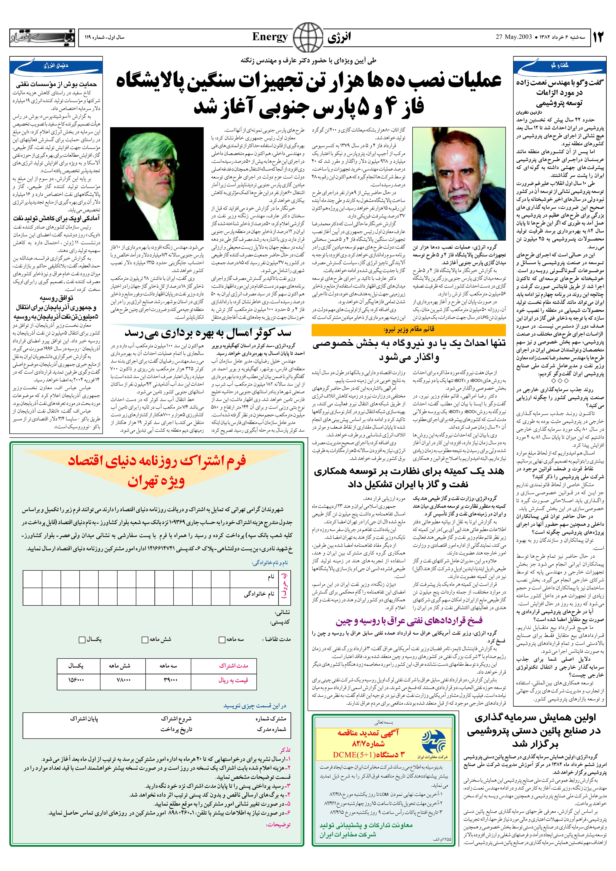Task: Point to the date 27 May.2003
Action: coord(513,37)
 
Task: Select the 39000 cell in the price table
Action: coord(170,680)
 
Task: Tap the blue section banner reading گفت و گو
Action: coord(560,66)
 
